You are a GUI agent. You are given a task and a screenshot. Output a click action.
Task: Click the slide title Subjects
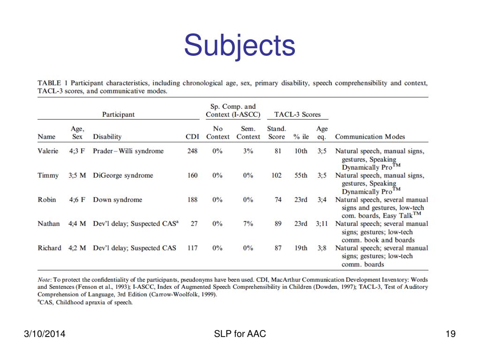240,45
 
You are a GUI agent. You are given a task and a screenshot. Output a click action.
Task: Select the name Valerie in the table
48,151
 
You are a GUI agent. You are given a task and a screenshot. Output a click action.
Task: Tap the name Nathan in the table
49,224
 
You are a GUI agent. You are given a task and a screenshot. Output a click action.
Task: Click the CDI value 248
192,151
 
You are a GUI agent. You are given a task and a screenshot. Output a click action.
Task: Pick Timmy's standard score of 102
277,175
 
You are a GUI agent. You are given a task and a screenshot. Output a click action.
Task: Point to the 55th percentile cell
300,175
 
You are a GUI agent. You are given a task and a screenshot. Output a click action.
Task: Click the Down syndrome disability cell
117,200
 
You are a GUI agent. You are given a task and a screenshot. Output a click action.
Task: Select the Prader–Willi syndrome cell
128,151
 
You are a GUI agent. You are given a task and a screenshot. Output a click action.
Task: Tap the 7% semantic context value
248,224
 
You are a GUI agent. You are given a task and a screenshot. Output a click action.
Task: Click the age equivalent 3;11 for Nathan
322,224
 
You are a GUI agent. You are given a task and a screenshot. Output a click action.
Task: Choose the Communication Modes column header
370,137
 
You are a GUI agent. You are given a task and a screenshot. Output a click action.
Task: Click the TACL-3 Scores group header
297,114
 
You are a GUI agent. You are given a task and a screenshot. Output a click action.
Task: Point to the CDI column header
192,137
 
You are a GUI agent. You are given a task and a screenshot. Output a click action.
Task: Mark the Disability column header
107,137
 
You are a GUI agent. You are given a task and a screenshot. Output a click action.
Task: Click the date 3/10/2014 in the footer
45,334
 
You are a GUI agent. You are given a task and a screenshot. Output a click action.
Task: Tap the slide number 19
451,334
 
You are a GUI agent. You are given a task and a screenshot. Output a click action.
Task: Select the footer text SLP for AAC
240,334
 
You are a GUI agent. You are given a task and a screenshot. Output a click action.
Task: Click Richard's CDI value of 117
192,248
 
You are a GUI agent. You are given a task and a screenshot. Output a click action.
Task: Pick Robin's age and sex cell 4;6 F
77,200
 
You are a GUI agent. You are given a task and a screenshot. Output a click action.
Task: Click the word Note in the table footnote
45,280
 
